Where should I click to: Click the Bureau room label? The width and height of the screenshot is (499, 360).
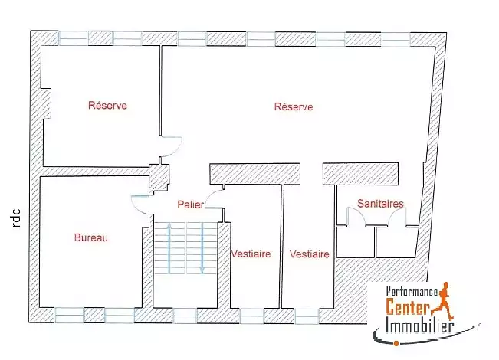pyautogui.click(x=91, y=237)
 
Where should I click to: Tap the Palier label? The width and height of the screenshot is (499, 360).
pyautogui.click(x=191, y=205)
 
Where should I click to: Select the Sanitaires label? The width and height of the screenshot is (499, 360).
pyautogui.click(x=380, y=204)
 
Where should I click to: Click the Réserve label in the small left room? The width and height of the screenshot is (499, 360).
pyautogui.click(x=107, y=105)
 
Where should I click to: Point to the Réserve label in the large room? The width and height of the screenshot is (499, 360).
pyautogui.click(x=294, y=106)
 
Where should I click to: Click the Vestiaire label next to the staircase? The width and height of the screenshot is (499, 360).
pyautogui.click(x=251, y=254)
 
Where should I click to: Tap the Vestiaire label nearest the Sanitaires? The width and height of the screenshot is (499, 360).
pyautogui.click(x=310, y=254)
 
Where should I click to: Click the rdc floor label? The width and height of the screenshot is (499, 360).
pyautogui.click(x=16, y=218)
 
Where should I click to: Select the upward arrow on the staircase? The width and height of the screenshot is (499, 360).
pyautogui.click(x=169, y=248)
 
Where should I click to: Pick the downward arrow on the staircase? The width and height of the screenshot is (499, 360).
pyautogui.click(x=202, y=248)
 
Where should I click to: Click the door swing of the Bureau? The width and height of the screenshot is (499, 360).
pyautogui.click(x=140, y=205)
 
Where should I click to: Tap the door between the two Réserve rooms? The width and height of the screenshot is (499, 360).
pyautogui.click(x=171, y=146)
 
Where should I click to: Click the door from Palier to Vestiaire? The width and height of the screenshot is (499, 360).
pyautogui.click(x=215, y=198)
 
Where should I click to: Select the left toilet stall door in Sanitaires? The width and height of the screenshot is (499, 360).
pyautogui.click(x=356, y=217)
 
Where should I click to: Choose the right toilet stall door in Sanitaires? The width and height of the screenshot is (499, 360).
pyautogui.click(x=397, y=217)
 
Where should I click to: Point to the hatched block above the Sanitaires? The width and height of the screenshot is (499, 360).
pyautogui.click(x=360, y=174)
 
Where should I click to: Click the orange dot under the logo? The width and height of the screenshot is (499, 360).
pyautogui.click(x=396, y=343)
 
